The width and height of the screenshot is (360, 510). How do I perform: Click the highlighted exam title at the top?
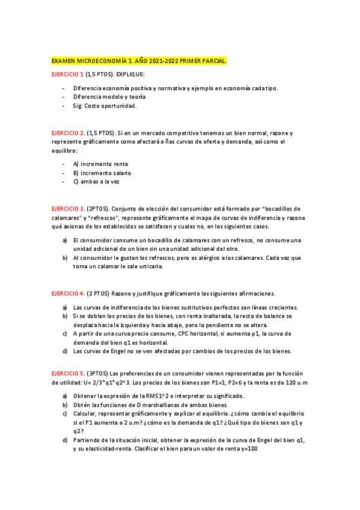(139, 61)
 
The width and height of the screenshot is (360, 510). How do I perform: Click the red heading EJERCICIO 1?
(67, 75)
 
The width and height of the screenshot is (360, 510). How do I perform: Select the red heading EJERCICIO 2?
(68, 132)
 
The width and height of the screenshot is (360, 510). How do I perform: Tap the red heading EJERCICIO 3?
(68, 208)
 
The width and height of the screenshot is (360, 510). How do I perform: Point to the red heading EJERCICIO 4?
(68, 293)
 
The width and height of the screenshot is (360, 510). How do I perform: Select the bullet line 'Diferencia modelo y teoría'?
(109, 96)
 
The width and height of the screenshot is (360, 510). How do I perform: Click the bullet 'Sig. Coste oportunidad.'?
(105, 106)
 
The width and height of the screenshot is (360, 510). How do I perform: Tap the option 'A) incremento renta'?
(100, 164)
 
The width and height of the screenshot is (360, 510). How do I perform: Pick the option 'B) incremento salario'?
(102, 173)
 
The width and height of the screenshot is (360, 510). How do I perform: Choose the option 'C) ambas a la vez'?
(96, 182)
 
